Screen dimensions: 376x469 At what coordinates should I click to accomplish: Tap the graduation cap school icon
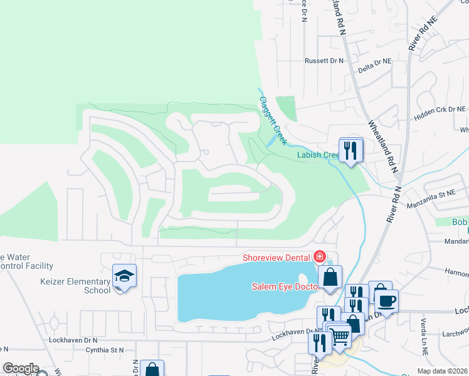click(124, 276)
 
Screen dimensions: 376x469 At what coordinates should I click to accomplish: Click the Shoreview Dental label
click(277, 258)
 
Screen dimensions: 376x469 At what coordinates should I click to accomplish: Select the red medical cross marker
click(320, 256)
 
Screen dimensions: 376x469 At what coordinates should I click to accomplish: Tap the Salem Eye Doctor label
click(286, 286)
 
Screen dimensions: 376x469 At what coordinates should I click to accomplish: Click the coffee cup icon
click(386, 300)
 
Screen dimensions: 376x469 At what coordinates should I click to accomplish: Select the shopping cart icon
click(340, 336)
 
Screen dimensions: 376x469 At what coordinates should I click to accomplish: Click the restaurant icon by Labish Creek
click(351, 150)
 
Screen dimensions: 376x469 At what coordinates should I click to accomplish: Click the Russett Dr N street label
click(324, 61)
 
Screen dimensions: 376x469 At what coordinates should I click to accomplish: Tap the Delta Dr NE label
click(374, 62)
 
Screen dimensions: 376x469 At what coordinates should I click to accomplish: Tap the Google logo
click(21, 368)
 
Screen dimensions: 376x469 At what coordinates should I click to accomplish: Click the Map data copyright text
click(443, 371)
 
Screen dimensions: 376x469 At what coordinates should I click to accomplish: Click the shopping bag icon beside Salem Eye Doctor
click(330, 277)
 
